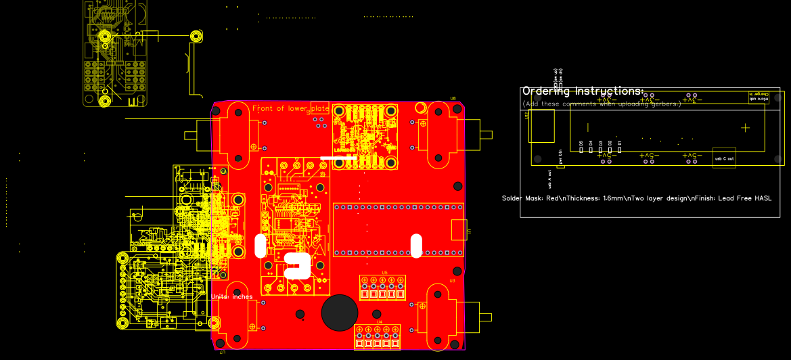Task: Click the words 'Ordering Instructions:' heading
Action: point(583,91)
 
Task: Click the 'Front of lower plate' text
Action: point(290,108)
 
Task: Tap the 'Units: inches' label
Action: point(231,296)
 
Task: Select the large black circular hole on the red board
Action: point(340,313)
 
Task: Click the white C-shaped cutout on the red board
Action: point(298,266)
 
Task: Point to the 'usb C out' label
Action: point(724,158)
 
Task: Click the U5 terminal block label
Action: point(384,273)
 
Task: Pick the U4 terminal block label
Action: point(379,321)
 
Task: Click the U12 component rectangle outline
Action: point(542,126)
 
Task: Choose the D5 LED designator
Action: point(581,143)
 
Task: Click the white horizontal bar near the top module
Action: point(338,158)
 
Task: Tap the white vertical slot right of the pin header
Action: point(417,246)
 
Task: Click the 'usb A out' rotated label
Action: point(550,179)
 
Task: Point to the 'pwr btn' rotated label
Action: point(561,156)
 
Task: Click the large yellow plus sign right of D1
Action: point(745,127)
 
